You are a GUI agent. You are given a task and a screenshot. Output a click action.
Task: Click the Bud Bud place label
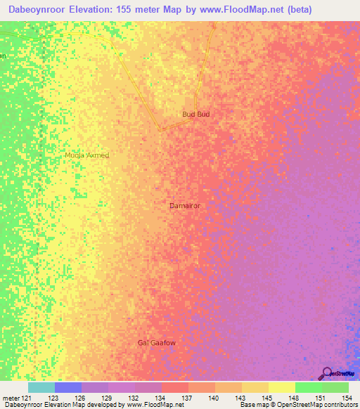(196, 114)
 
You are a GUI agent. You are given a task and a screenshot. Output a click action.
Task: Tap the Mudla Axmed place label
(86, 155)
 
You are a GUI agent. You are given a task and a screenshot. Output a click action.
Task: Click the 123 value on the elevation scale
(53, 398)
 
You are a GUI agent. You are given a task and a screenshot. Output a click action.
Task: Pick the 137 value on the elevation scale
(188, 398)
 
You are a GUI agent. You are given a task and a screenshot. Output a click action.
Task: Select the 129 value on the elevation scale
(107, 398)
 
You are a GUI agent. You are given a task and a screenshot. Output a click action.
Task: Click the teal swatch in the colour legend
(41, 387)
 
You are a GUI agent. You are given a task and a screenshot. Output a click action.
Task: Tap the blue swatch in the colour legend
(68, 387)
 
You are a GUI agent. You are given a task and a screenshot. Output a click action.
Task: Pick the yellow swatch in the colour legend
(282, 387)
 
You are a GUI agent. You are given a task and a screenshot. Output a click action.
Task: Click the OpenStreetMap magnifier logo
(326, 373)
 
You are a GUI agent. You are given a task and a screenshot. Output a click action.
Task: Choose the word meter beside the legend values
(11, 398)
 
